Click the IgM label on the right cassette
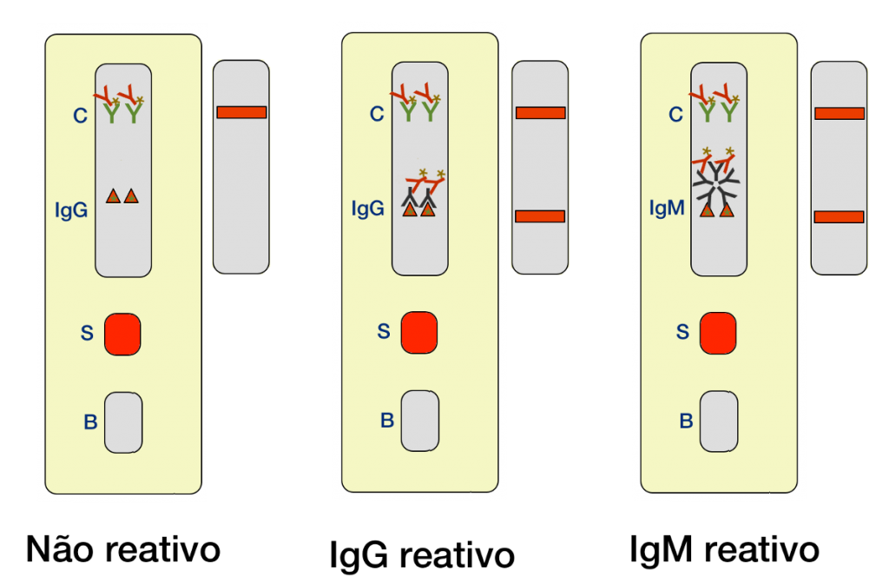tap(667, 209)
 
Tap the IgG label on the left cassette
tap(71, 209)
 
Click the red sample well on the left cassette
tap(122, 335)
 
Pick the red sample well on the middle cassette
tap(418, 333)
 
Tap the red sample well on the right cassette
tap(717, 334)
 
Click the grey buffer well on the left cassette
tap(123, 421)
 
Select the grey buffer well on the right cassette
tap(719, 421)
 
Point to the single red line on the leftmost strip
tap(241, 112)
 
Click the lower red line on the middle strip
tap(540, 216)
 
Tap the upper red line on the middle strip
tap(540, 113)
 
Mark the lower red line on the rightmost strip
tap(839, 216)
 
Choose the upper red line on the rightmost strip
tap(839, 113)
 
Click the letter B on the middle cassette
tap(387, 421)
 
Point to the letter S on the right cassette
tap(682, 332)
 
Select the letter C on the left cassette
tap(80, 116)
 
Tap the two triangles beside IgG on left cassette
tap(122, 196)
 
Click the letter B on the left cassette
tap(90, 423)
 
